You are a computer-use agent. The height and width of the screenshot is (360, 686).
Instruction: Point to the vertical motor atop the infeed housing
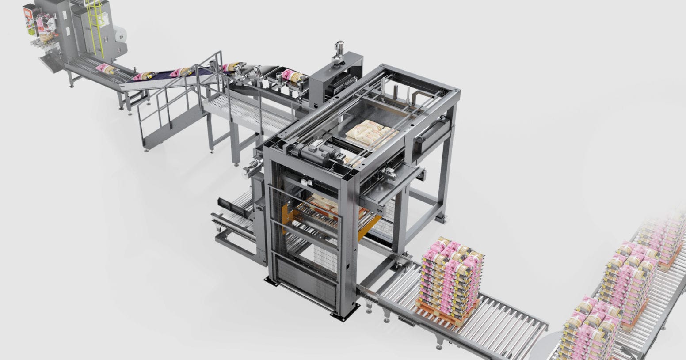(x=339, y=51)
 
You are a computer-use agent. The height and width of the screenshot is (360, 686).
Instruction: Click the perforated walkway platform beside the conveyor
(x=248, y=111)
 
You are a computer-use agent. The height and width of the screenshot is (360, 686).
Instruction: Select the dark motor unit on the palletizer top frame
(x=315, y=153)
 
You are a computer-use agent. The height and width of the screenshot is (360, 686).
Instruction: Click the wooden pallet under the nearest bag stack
(x=446, y=312)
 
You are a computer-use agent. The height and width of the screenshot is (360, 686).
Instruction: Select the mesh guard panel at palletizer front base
(x=305, y=283)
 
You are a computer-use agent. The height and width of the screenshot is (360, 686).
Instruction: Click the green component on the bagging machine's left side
(x=30, y=31)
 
